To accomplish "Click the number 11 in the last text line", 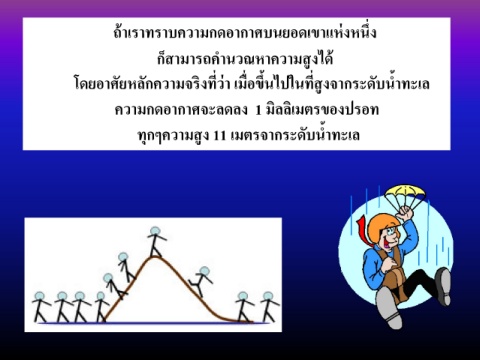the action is click(219, 136).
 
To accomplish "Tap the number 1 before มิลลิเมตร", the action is click(258, 110).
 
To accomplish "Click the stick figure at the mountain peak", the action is click(156, 242).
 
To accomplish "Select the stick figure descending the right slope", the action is click(201, 282).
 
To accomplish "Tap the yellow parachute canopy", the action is click(405, 192).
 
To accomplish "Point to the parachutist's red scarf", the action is click(364, 231).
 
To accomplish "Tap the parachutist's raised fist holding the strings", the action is click(405, 213).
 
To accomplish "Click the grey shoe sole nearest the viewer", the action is click(389, 307).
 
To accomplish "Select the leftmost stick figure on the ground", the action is click(41, 307).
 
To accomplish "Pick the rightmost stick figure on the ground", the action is click(269, 307).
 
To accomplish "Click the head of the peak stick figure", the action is click(155, 231).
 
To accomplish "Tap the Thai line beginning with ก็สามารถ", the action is click(245, 59).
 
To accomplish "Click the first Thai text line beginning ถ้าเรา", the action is click(245, 33).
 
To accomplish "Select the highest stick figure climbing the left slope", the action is click(126, 267).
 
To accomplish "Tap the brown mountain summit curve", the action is click(154, 257).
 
